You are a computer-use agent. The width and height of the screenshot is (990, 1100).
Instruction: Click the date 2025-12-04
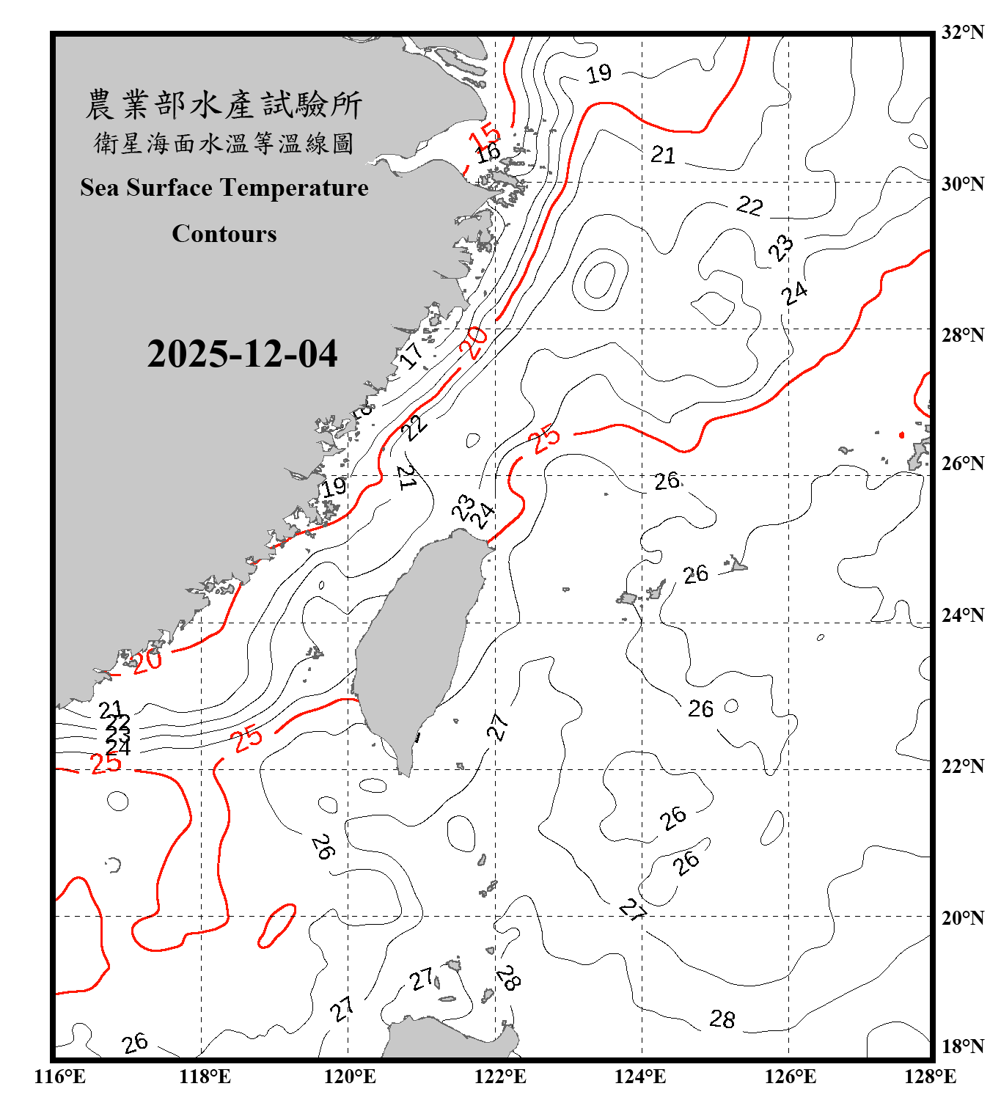click(242, 354)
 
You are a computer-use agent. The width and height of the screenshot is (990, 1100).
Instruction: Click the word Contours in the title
click(224, 234)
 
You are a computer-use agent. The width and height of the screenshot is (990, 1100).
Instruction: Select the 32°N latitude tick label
click(962, 32)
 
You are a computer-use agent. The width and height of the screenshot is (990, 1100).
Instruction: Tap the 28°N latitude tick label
click(962, 335)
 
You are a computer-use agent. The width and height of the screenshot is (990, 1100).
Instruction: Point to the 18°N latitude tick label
click(962, 1046)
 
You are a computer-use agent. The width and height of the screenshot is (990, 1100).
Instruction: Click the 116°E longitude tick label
click(60, 1077)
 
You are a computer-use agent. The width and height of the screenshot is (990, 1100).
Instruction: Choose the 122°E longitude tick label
click(500, 1077)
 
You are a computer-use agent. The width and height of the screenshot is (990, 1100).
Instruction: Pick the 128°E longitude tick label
click(930, 1077)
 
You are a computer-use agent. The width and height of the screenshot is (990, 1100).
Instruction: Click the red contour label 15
click(485, 136)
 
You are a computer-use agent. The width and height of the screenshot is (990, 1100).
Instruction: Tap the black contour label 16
click(488, 153)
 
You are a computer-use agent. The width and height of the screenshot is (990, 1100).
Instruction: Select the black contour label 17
click(411, 356)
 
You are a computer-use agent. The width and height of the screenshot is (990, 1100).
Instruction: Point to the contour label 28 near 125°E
click(722, 1019)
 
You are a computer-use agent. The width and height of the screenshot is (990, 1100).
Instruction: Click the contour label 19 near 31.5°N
click(599, 73)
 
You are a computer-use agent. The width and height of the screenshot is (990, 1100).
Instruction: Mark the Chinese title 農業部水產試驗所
click(224, 105)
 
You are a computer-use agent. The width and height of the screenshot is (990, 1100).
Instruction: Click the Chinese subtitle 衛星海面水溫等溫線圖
click(224, 144)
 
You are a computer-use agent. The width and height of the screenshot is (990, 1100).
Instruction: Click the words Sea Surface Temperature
click(224, 188)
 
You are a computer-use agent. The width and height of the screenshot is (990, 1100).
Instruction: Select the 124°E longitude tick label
click(640, 1077)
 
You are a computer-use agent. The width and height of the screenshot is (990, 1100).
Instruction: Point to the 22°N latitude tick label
click(962, 766)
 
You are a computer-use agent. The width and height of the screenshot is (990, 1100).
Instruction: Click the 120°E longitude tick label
click(350, 1077)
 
